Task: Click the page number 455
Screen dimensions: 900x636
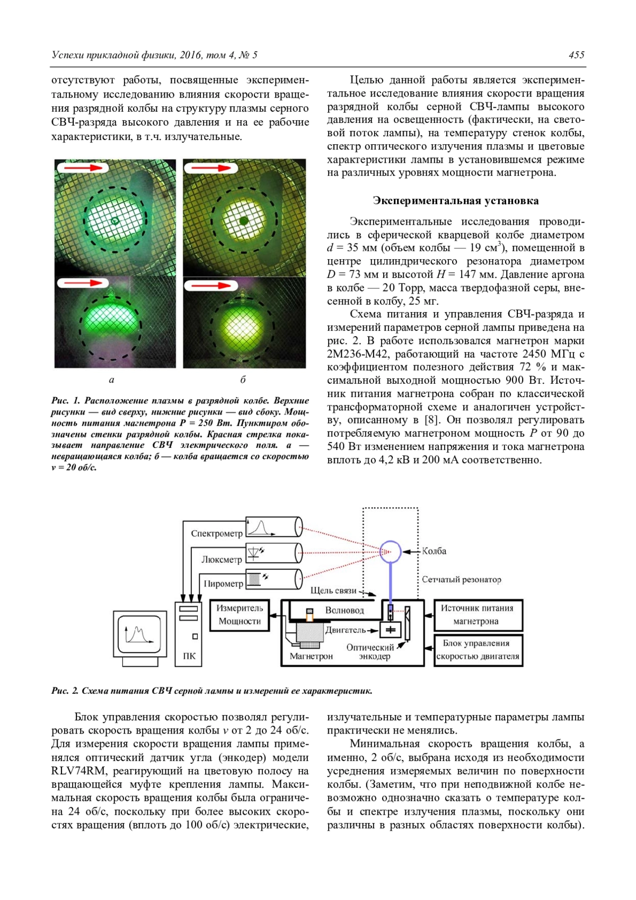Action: (x=576, y=55)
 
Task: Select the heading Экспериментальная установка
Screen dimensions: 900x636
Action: (x=455, y=201)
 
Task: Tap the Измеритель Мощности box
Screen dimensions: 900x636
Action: (x=240, y=615)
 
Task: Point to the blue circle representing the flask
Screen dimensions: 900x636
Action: (x=391, y=552)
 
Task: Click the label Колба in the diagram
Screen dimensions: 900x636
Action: (x=434, y=551)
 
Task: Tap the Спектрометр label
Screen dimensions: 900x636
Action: (x=216, y=533)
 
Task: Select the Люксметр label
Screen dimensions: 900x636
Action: (x=221, y=559)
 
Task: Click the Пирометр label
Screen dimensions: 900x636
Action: (x=223, y=584)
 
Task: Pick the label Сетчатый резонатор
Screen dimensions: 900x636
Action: (x=461, y=579)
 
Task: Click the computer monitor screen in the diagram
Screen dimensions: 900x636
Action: (x=139, y=634)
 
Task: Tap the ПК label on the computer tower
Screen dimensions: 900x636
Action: (x=189, y=656)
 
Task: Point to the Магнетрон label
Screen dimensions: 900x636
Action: (x=311, y=656)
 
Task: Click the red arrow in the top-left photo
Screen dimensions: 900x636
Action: (x=82, y=168)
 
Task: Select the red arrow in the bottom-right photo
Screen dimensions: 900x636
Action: (x=210, y=286)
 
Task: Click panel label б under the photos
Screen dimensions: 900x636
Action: (x=243, y=380)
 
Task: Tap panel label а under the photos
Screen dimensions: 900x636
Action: (x=111, y=380)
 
